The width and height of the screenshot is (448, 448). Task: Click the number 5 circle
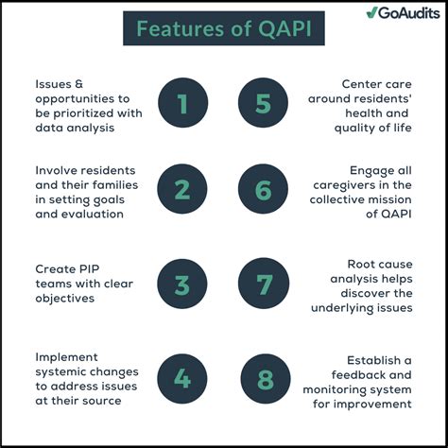point(263,103)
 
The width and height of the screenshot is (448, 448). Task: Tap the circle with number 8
point(263,380)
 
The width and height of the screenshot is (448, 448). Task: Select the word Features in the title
point(173,29)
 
